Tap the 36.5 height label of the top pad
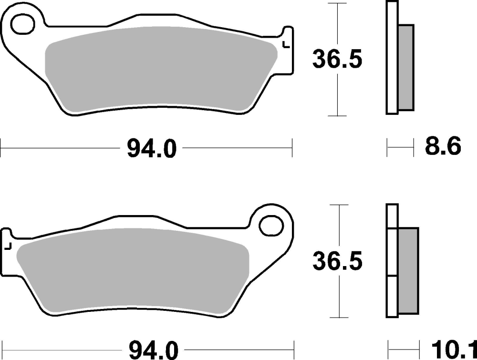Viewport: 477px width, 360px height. click(x=337, y=59)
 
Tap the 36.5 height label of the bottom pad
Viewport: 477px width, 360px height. click(x=337, y=261)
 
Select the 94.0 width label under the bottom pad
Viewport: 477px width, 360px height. click(x=152, y=350)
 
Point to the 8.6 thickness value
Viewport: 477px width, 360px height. click(x=443, y=147)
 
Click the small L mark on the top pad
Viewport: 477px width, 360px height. click(x=286, y=45)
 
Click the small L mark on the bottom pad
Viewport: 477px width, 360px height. click(x=8, y=247)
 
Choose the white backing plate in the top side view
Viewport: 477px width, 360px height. click(x=392, y=58)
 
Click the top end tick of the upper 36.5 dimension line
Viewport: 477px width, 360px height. click(x=338, y=4)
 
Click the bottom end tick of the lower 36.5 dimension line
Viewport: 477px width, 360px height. click(x=338, y=318)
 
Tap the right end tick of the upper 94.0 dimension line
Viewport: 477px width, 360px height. click(x=291, y=148)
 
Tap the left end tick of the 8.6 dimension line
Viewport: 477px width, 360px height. click(x=387, y=148)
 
